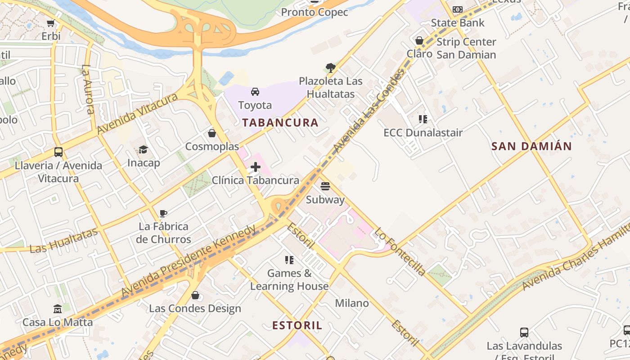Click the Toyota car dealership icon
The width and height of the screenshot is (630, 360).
pyautogui.click(x=255, y=92)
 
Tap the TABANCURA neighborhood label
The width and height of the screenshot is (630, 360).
pyautogui.click(x=280, y=122)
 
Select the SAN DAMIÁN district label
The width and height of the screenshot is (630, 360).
pyautogui.click(x=531, y=146)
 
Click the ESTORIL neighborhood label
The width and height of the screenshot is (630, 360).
pyautogui.click(x=297, y=325)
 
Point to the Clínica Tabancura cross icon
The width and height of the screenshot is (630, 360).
pyautogui.click(x=255, y=167)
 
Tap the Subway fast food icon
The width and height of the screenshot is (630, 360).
pyautogui.click(x=325, y=186)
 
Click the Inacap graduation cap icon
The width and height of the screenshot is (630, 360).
pyautogui.click(x=143, y=149)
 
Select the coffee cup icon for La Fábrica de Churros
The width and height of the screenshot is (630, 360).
pyautogui.click(x=163, y=213)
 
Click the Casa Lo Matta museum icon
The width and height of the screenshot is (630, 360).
pyautogui.click(x=58, y=309)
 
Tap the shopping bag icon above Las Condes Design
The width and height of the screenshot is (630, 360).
pyautogui.click(x=195, y=295)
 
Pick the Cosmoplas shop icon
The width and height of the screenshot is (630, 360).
pyautogui.click(x=211, y=134)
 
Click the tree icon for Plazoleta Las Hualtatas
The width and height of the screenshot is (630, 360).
pyautogui.click(x=331, y=68)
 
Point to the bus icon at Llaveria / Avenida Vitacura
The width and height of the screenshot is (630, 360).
pyautogui.click(x=58, y=152)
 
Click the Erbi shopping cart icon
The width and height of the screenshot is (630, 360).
pyautogui.click(x=51, y=23)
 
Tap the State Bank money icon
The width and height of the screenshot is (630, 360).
pyautogui.click(x=458, y=9)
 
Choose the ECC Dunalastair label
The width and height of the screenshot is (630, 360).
pyautogui.click(x=423, y=133)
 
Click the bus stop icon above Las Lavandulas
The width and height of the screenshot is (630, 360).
pyautogui.click(x=524, y=333)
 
